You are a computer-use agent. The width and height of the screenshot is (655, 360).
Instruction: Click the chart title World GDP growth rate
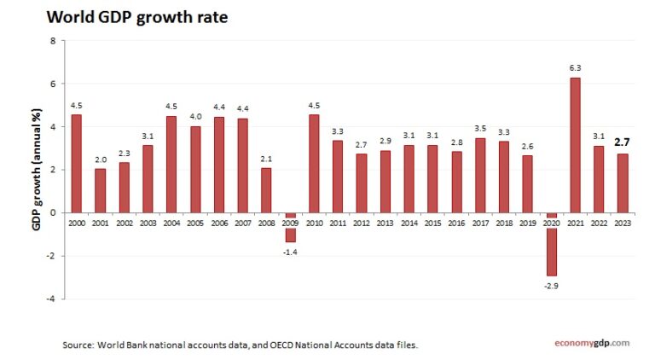tap(137, 16)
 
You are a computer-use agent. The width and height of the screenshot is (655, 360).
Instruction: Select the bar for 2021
tap(575, 145)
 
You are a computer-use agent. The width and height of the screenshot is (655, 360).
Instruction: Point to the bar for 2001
tap(100, 190)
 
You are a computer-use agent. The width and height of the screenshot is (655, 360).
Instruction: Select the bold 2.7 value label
tap(623, 142)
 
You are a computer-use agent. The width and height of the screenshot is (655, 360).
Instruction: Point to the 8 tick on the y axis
tap(53, 41)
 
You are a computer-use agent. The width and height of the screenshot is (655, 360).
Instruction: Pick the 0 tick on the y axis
tap(53, 212)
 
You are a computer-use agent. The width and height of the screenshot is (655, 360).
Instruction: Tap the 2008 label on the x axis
tap(266, 222)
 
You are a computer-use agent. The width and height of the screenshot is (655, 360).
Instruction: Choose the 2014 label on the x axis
tap(409, 222)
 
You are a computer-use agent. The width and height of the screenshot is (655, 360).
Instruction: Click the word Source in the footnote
tap(79, 345)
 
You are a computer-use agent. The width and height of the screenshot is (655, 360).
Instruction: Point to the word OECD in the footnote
tap(269, 345)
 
